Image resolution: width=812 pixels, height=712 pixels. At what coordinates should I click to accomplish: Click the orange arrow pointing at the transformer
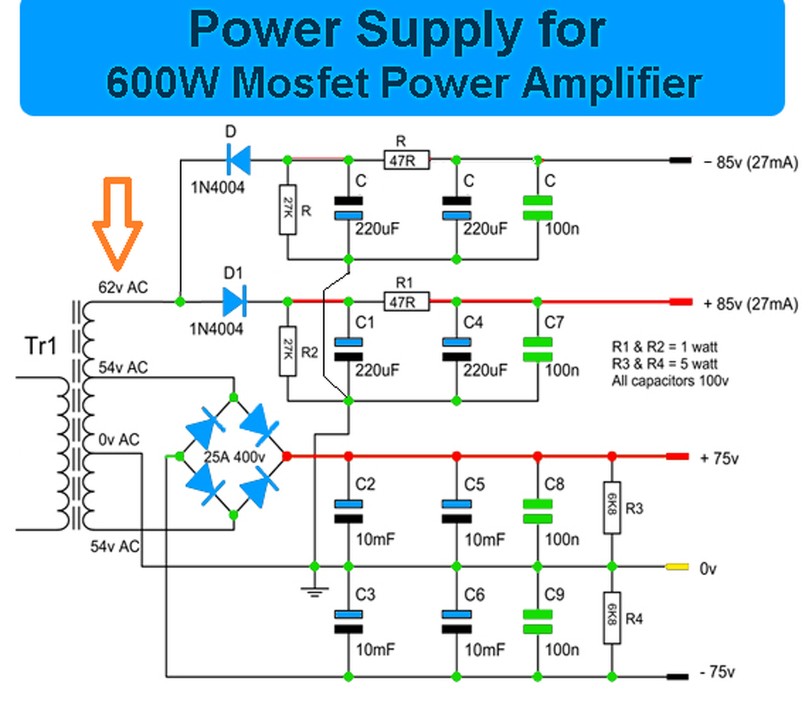pyautogui.click(x=118, y=222)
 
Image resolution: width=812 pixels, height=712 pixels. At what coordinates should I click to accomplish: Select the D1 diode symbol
pyautogui.click(x=234, y=301)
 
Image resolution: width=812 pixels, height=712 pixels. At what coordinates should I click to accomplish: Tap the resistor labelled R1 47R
pyautogui.click(x=406, y=302)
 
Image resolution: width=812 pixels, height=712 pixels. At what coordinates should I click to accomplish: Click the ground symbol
pyautogui.click(x=315, y=592)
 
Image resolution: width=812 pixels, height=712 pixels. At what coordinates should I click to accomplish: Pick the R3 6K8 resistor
pyautogui.click(x=612, y=507)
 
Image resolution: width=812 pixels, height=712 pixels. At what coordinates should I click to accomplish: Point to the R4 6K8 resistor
pyautogui.click(x=612, y=618)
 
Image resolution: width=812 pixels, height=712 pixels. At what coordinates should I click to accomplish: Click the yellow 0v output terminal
pyautogui.click(x=677, y=567)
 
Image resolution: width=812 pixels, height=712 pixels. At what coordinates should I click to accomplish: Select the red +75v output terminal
pyautogui.click(x=677, y=456)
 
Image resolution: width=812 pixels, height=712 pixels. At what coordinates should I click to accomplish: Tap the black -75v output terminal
pyautogui.click(x=677, y=676)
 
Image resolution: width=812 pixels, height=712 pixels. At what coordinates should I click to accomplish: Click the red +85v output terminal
pyautogui.click(x=681, y=302)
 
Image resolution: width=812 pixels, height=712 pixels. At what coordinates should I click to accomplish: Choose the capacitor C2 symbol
pyautogui.click(x=348, y=511)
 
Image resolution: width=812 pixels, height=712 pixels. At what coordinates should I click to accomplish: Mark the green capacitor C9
pyautogui.click(x=537, y=622)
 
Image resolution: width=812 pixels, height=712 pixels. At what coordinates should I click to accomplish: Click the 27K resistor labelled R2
pyautogui.click(x=288, y=351)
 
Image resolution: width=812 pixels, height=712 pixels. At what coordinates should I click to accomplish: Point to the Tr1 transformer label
pyautogui.click(x=41, y=346)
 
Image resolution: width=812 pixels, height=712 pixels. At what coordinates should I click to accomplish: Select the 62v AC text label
pyautogui.click(x=123, y=287)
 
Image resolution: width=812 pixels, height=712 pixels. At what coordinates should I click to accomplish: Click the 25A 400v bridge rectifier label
pyautogui.click(x=234, y=456)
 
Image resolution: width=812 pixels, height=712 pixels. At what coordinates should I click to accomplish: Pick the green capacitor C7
pyautogui.click(x=537, y=349)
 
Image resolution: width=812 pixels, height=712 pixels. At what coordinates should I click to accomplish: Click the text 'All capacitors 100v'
pyautogui.click(x=670, y=381)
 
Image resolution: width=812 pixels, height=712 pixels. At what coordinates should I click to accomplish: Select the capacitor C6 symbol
pyautogui.click(x=457, y=622)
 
